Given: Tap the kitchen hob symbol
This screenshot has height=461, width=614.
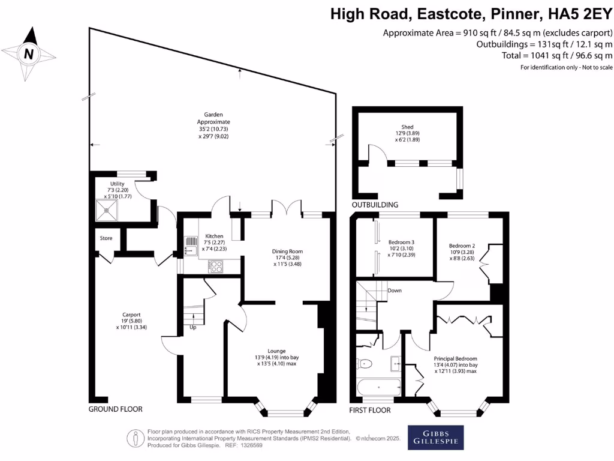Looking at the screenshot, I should [216, 267].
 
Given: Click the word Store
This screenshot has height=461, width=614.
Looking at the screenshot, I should [106, 238].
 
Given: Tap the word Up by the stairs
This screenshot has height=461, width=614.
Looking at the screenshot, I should [193, 328].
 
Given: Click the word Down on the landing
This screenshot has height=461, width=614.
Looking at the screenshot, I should [395, 291].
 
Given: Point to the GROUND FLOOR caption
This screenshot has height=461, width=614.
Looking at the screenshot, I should [116, 409].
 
